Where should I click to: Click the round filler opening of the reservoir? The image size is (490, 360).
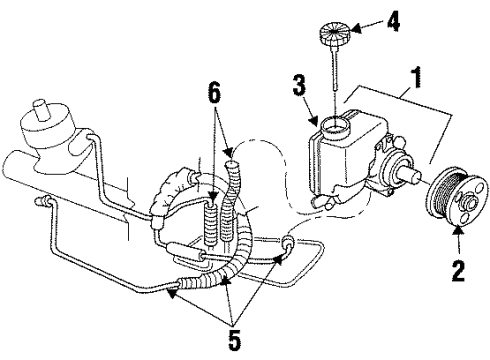coord(334,127)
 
